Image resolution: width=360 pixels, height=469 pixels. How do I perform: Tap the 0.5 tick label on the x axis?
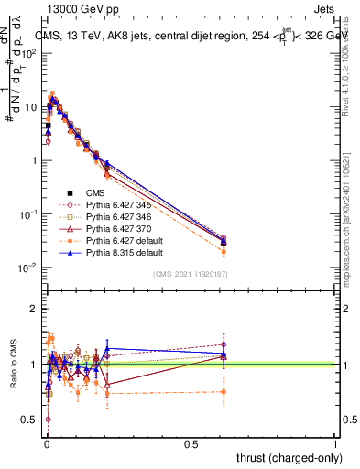(x=191, y=443)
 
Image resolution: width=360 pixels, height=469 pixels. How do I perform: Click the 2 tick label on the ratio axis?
(x=33, y=309)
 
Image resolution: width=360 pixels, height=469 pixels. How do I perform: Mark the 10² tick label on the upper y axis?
(x=29, y=53)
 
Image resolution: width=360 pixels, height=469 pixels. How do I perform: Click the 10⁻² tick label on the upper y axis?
(x=29, y=267)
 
